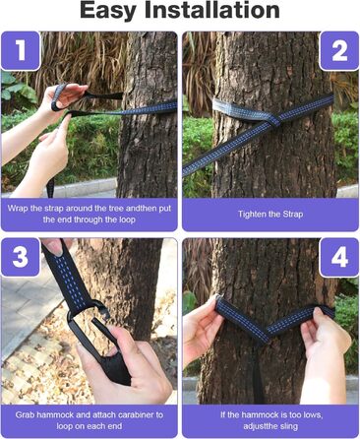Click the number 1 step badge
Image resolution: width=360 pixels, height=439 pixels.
click(21, 50)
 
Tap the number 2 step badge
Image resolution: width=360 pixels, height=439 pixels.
click(339, 51)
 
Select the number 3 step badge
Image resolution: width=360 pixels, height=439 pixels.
click(21, 257)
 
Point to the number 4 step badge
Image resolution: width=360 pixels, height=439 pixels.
click(339, 257)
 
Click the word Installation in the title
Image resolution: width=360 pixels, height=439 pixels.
click(212, 10)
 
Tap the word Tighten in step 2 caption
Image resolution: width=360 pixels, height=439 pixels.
click(251, 215)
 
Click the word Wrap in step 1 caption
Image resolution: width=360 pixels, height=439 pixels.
click(17, 209)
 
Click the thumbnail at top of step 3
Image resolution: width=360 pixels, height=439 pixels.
click(56, 247)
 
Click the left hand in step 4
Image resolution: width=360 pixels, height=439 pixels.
click(202, 332)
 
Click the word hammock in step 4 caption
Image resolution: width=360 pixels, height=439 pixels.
click(260, 414)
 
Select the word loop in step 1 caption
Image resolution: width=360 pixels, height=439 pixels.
click(126, 219)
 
